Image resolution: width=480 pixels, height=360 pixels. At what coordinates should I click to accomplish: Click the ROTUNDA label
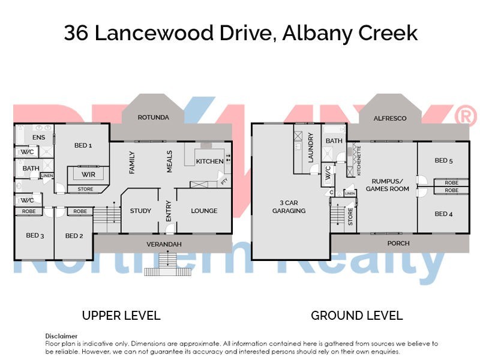[153, 117]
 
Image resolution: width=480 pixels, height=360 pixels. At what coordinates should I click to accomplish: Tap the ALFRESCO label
[389, 118]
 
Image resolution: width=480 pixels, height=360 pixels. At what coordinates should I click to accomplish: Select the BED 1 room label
[82, 145]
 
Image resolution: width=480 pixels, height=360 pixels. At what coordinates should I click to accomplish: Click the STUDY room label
[140, 211]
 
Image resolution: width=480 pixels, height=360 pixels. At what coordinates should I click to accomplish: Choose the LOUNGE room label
[204, 211]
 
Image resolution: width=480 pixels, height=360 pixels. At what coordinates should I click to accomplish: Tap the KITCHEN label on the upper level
[209, 161]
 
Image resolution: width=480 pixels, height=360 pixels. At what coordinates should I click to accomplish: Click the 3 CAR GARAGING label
[289, 206]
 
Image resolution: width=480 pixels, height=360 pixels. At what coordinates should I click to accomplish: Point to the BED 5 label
[444, 160]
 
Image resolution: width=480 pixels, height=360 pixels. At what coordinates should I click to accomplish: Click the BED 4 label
[444, 214]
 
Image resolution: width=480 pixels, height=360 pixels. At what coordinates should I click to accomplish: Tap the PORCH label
[398, 243]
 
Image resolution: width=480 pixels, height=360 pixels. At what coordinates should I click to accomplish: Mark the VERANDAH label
[164, 244]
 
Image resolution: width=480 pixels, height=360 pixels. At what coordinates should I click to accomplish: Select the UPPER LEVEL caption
[121, 316]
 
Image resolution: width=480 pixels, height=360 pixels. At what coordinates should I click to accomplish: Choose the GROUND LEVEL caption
[356, 316]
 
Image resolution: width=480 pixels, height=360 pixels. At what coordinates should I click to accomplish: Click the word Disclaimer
[61, 336]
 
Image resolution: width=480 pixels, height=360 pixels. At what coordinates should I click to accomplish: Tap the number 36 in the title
[76, 33]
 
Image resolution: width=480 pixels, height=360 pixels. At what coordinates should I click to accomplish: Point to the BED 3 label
[34, 236]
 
